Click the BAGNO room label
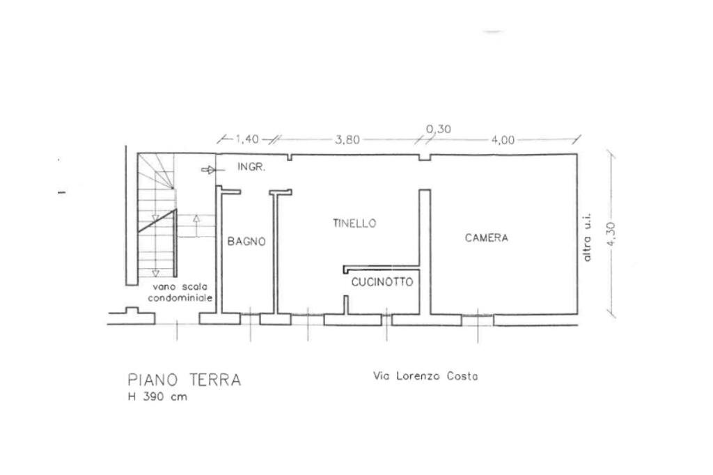pyautogui.click(x=246, y=242)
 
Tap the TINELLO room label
pyautogui.click(x=354, y=224)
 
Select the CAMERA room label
pyautogui.click(x=487, y=238)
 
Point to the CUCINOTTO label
pyautogui.click(x=382, y=282)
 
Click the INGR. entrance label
pyautogui.click(x=251, y=168)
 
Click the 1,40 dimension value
pyautogui.click(x=246, y=139)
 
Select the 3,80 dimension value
pyautogui.click(x=347, y=139)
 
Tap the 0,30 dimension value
pyautogui.click(x=438, y=129)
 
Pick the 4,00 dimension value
pyautogui.click(x=503, y=139)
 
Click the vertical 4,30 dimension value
pyautogui.click(x=611, y=238)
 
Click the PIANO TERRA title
pyautogui.click(x=185, y=380)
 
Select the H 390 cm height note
pyautogui.click(x=157, y=397)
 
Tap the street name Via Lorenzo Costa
pyautogui.click(x=426, y=377)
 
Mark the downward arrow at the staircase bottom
pyautogui.click(x=156, y=272)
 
